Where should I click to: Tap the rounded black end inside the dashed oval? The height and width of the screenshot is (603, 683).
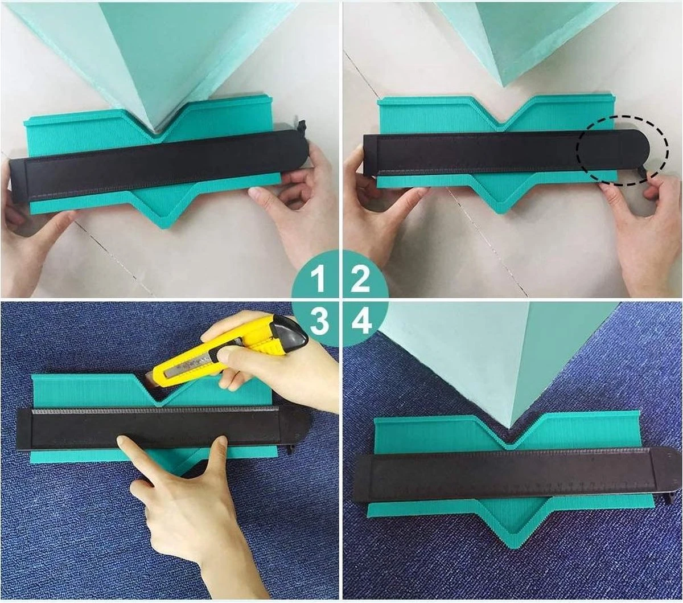pyautogui.click(x=607, y=150)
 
